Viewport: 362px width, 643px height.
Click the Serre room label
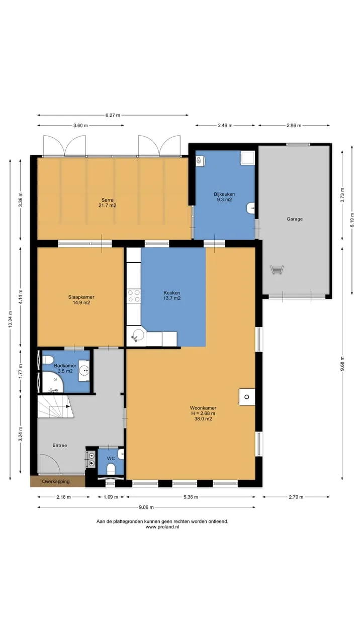[x=108, y=200]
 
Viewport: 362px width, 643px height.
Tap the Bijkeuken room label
[x=224, y=194]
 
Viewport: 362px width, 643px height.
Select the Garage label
[x=295, y=219]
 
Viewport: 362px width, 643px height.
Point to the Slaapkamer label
[x=81, y=297]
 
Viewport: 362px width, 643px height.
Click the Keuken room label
[x=172, y=293]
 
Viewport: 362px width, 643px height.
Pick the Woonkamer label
[x=203, y=408]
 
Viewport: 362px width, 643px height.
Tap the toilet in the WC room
[x=111, y=469]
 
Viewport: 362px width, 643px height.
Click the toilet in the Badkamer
[x=47, y=360]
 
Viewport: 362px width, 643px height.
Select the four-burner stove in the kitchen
[x=134, y=296]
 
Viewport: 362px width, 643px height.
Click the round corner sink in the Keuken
[x=138, y=335]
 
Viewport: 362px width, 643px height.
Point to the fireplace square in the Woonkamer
[x=247, y=397]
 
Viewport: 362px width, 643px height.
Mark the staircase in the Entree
[x=56, y=407]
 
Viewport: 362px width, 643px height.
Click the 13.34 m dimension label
[x=11, y=319]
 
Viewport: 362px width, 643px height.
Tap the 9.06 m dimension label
[x=146, y=507]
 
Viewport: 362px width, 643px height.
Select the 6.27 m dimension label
[x=113, y=116]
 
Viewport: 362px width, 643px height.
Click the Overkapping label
[x=56, y=481]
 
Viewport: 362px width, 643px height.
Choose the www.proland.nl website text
[x=162, y=527]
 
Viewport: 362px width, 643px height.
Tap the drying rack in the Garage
[x=277, y=270]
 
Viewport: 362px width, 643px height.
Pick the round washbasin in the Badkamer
[x=84, y=371]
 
